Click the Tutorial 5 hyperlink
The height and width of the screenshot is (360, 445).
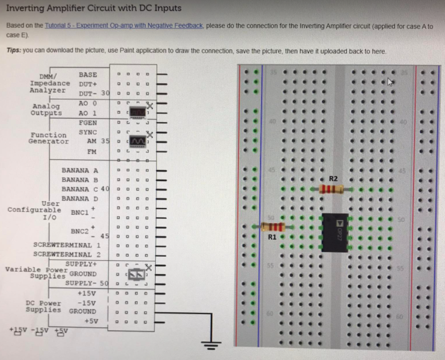tap(124, 26)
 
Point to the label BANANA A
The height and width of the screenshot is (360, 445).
tap(80, 170)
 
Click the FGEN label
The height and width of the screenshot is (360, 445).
tap(88, 123)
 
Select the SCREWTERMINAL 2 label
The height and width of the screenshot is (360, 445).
tap(67, 254)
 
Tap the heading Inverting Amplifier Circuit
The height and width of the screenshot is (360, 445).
tap(94, 8)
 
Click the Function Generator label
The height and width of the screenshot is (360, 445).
tap(48, 138)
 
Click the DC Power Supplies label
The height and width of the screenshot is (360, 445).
tap(44, 306)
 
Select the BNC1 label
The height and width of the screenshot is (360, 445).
tap(79, 212)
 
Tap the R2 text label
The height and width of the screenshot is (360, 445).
tap(333, 178)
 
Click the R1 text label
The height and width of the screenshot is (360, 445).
tap(272, 237)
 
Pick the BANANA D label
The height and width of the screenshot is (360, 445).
tap(80, 199)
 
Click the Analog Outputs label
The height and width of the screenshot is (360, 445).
tap(46, 109)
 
